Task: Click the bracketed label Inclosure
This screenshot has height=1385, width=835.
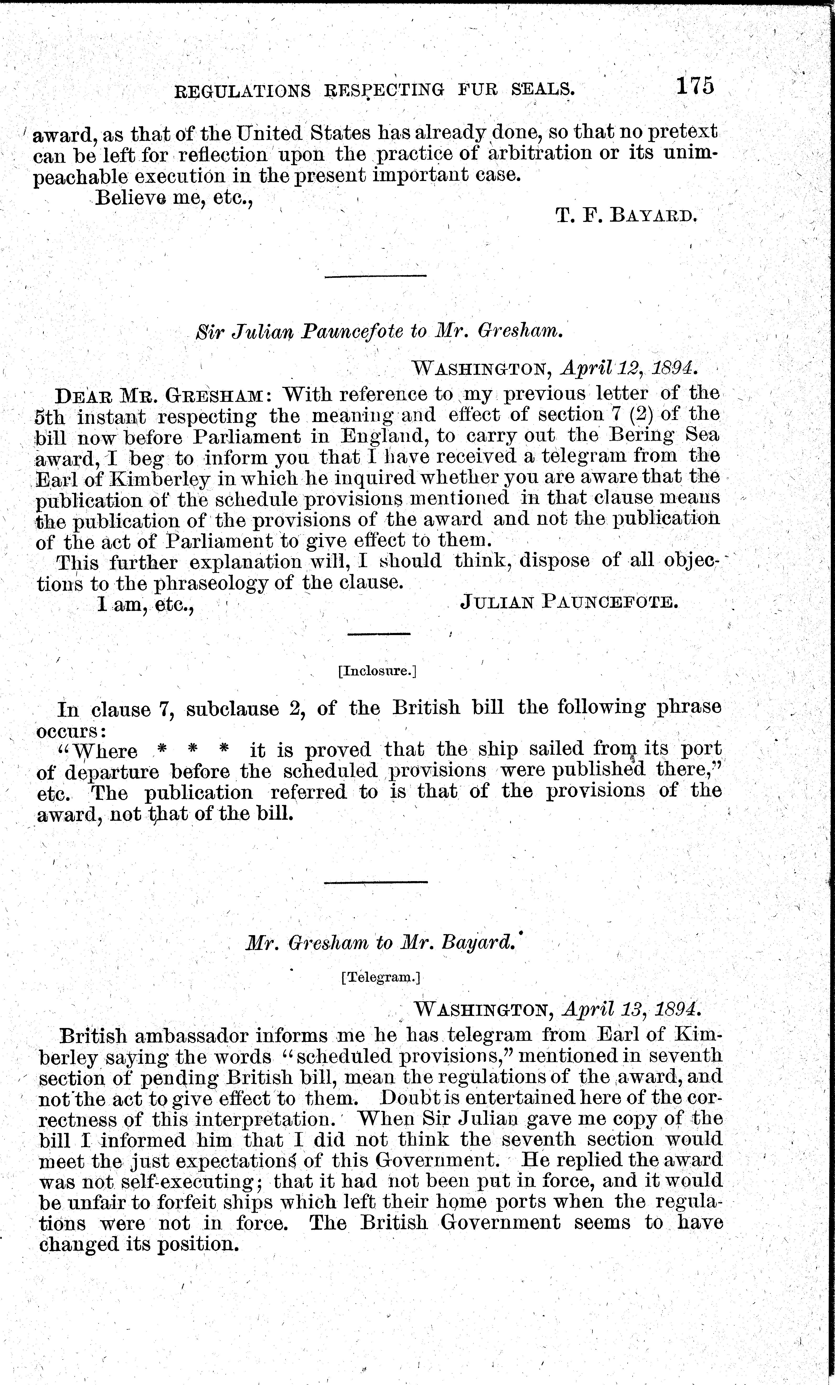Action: pos(378,671)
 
